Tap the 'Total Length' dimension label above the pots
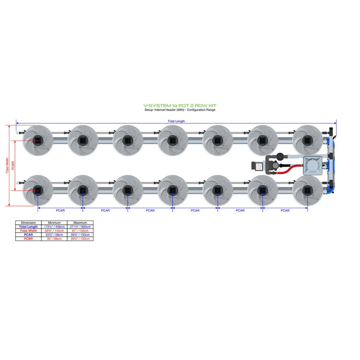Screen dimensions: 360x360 tap(177, 121)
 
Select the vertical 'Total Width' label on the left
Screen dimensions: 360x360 tap(7, 165)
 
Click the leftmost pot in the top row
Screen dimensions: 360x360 tap(38, 139)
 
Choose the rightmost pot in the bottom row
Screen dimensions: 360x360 tap(307, 190)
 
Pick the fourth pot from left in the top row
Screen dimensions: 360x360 tap(172, 139)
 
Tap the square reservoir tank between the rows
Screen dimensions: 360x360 tap(312, 165)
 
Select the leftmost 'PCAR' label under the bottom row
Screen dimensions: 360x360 tap(60, 210)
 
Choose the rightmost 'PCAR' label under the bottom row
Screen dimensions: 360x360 tap(284, 210)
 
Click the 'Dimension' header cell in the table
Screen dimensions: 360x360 tap(28, 223)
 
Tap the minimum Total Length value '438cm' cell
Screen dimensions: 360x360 tap(54, 227)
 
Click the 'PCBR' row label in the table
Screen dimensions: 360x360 tap(28, 239)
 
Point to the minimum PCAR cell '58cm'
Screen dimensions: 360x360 tap(54, 235)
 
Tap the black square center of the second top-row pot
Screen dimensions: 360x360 tap(82, 140)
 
